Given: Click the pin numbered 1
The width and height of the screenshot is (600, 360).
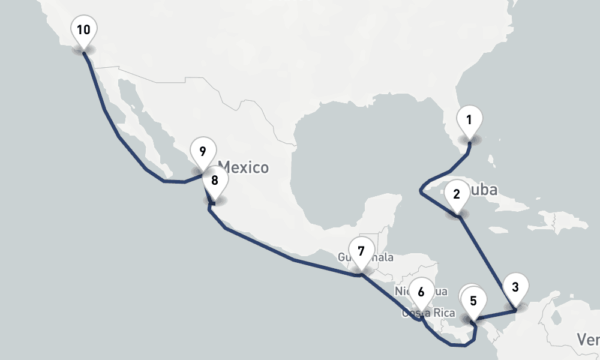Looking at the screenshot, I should [469, 120].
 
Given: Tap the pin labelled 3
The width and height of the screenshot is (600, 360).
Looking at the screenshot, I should [515, 287].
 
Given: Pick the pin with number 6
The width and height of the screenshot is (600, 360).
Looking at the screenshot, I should [421, 293].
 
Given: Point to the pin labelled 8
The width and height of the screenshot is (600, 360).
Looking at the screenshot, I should [215, 180].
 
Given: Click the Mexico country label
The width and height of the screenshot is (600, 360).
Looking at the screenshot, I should [243, 167].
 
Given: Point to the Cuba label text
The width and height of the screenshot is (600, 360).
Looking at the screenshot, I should [485, 190].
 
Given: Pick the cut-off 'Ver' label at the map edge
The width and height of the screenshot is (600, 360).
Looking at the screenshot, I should [589, 340].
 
